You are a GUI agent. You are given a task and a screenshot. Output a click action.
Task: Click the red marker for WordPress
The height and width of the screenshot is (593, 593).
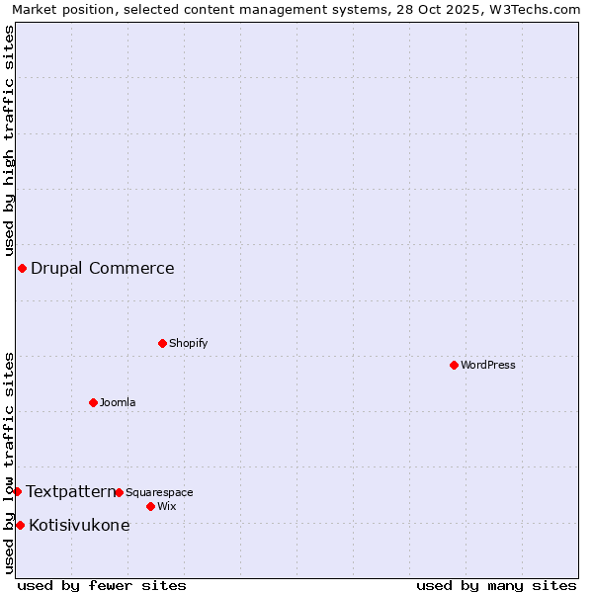coord(454,365)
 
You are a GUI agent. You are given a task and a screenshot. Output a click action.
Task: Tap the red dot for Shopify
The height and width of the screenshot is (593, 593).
coord(162,343)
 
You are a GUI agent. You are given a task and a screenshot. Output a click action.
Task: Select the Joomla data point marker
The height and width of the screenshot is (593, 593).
coord(93,402)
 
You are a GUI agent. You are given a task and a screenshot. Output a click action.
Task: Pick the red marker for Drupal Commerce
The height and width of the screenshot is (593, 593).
coord(22,268)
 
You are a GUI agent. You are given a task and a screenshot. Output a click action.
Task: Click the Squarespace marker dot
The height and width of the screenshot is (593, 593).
coord(119,492)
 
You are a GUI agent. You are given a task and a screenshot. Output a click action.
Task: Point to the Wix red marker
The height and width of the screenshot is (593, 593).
coord(150,506)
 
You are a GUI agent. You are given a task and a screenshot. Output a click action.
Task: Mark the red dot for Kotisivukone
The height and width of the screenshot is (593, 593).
coord(20,525)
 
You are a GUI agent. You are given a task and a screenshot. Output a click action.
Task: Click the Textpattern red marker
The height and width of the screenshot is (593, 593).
coord(17,491)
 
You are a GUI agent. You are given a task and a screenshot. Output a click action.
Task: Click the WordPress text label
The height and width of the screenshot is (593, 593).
coord(488,365)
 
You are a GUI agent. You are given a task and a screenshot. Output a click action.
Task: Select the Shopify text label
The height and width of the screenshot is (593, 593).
coord(188,343)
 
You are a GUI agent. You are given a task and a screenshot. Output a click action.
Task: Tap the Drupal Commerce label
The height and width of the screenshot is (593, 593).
coord(103,268)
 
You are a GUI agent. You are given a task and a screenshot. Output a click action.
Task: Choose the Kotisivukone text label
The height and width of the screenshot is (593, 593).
coord(79,525)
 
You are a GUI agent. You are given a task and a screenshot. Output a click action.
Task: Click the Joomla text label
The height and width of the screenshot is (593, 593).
coord(118,402)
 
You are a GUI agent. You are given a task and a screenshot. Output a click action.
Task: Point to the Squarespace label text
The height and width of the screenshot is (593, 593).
coord(159,492)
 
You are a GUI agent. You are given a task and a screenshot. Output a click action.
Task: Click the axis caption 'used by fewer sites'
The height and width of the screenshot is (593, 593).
coord(102,585)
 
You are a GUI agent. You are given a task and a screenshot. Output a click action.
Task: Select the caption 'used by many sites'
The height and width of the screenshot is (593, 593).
coord(496,585)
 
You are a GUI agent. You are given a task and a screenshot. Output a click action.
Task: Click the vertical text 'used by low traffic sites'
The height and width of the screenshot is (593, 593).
coord(9,463)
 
